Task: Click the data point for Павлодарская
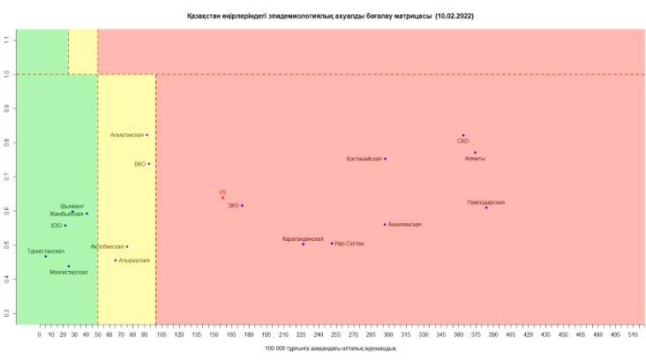click(486, 207)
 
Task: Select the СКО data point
click(462, 135)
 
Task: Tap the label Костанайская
click(364, 159)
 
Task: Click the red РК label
click(223, 191)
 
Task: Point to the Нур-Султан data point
click(332, 243)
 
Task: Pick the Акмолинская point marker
click(385, 224)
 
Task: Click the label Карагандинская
click(303, 239)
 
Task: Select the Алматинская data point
click(146, 135)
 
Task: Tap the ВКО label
click(139, 164)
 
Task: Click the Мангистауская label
click(69, 273)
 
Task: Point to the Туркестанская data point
click(46, 256)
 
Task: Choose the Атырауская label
click(133, 261)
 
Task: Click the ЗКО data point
click(242, 206)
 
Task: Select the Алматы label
click(475, 159)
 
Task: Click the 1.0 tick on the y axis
click(6, 74)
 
